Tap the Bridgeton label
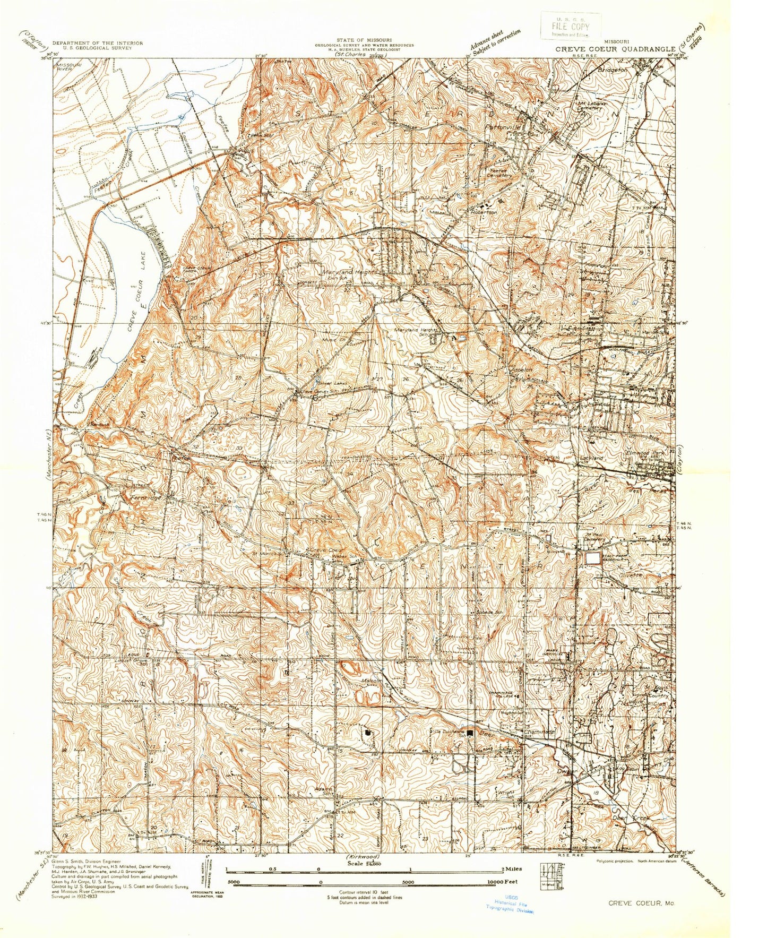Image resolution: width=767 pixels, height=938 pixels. (612, 70)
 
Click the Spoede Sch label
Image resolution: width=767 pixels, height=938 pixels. (490, 613)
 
